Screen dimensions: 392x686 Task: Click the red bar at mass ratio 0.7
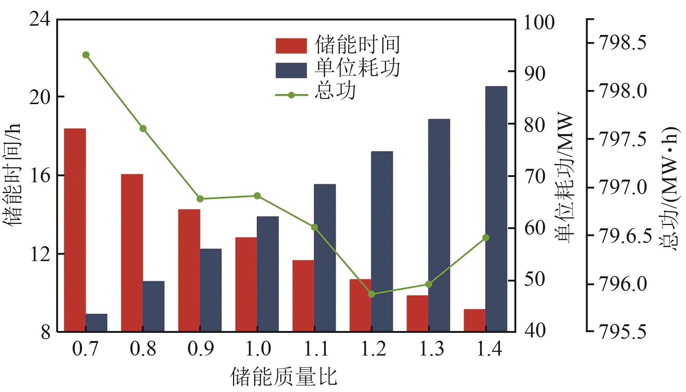pos(75,230)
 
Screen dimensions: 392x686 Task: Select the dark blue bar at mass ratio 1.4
pos(496,209)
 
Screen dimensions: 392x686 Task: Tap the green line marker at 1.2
pos(371,294)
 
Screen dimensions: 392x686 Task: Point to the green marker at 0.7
pos(86,55)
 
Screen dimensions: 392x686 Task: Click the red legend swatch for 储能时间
pos(291,46)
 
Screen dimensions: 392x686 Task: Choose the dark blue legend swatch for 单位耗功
pos(291,70)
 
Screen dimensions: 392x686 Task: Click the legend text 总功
pos(335,91)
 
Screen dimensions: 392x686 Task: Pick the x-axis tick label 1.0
pos(257,349)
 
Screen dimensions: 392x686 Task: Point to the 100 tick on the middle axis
pos(539,22)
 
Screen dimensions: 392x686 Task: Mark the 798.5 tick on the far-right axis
pos(622,44)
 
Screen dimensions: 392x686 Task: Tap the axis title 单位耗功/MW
pos(564,179)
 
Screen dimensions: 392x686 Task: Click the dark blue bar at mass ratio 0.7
pos(96,322)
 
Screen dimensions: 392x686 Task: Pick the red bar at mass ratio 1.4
pos(475,320)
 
